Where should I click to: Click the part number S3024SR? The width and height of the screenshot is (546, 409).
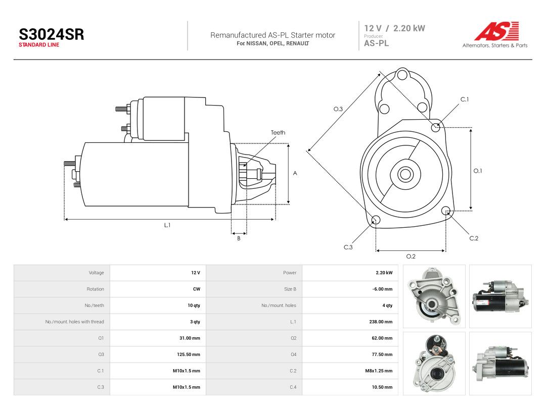coord(51,34)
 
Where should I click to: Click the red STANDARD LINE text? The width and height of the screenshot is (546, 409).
coord(39,45)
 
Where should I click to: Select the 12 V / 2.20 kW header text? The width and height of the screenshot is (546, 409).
coord(394,28)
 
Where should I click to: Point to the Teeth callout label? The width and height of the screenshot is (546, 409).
coord(278,132)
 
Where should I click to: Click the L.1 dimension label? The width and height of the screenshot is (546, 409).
coord(167,225)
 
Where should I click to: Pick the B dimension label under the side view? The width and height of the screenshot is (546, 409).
coord(239,238)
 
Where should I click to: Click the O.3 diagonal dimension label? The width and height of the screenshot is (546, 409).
coord(338,109)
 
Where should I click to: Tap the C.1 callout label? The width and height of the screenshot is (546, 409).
coord(465,99)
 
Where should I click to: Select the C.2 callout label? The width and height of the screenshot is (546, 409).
coord(474,238)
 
